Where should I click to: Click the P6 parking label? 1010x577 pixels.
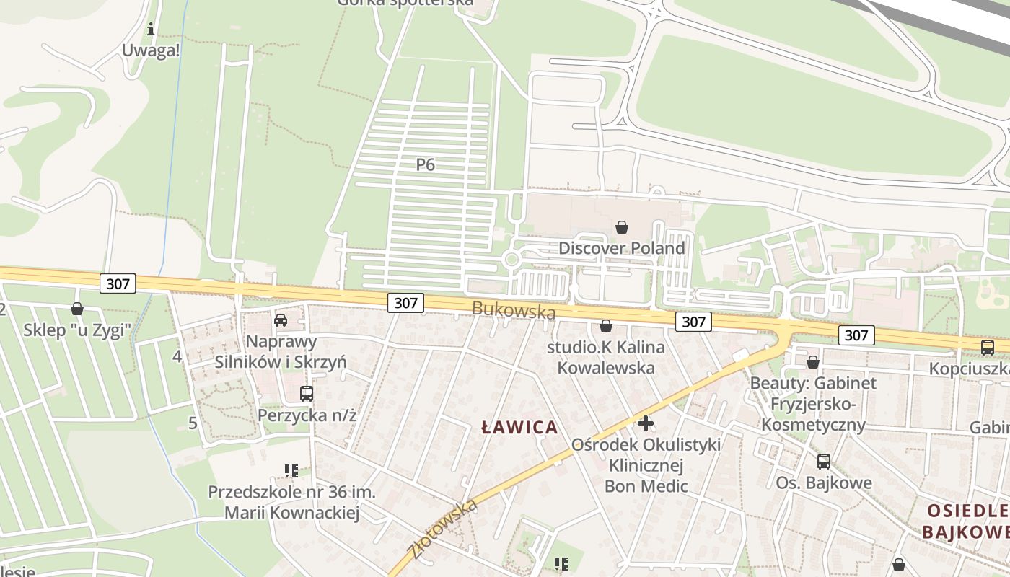[426, 164]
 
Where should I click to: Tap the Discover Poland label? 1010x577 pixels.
[621, 248]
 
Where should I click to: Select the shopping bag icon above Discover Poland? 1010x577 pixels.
[622, 228]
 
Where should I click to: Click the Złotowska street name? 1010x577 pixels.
[442, 529]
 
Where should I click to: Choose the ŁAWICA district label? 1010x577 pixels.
[519, 427]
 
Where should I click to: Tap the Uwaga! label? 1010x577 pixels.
[151, 50]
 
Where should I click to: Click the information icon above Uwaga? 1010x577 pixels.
[151, 30]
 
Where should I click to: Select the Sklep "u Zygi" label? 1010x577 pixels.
[77, 330]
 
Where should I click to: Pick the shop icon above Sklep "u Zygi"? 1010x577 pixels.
[77, 309]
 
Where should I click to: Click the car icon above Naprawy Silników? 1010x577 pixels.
[281, 320]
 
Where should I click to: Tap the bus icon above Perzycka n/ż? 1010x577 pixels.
[307, 394]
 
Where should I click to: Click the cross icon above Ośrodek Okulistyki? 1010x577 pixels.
[646, 423]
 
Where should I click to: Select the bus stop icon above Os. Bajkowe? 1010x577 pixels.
[824, 462]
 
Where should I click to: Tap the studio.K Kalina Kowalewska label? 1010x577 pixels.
[606, 357]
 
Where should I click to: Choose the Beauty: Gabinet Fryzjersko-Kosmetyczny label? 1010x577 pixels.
[813, 403]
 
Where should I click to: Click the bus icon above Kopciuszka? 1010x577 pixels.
[988, 347]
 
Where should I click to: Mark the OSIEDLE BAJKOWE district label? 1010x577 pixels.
[967, 521]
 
